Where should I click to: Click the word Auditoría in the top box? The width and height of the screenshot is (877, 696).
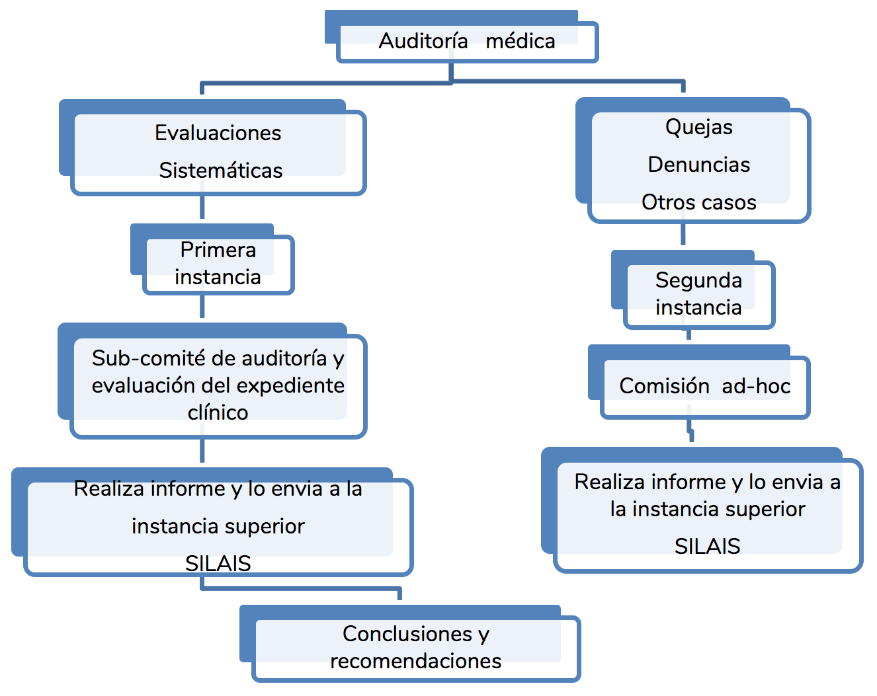click(423, 41)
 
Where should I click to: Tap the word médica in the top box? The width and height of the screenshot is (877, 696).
click(521, 41)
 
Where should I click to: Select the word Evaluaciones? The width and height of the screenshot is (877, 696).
click(218, 133)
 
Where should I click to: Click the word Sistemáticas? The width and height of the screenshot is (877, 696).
click(221, 171)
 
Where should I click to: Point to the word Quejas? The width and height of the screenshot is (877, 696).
click(699, 127)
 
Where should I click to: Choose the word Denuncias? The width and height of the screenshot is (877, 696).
click(699, 165)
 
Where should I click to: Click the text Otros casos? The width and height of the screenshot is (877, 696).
click(699, 202)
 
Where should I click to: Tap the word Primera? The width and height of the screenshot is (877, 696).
click(218, 250)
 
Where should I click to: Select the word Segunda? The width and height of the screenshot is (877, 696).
click(699, 280)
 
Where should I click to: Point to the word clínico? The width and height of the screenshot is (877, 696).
click(218, 412)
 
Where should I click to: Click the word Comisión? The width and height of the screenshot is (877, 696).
click(664, 386)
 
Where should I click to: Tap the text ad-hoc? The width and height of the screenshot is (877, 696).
click(756, 386)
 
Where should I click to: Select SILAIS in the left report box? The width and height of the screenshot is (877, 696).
click(218, 563)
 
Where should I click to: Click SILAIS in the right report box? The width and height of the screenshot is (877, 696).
click(708, 546)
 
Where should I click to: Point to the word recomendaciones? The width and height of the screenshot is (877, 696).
click(416, 661)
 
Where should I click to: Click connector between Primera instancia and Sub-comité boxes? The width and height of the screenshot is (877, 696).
click(202, 307)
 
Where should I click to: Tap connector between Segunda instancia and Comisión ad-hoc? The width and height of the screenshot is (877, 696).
click(689, 335)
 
